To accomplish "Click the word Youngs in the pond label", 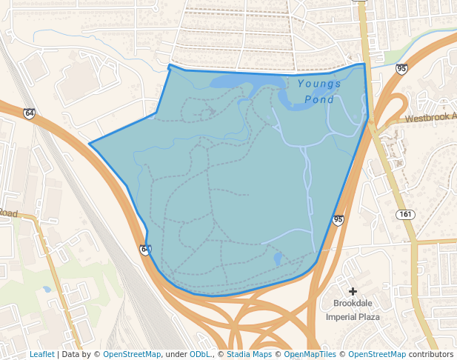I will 319,84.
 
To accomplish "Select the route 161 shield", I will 405,215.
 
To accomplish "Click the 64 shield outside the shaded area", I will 29,113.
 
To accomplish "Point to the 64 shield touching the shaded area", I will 146,250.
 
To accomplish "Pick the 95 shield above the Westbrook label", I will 401,69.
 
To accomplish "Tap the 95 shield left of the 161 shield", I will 338,220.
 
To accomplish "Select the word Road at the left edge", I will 8,213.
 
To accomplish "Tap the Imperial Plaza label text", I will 353,317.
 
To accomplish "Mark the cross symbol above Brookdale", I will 353,291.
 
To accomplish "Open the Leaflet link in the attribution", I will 41,355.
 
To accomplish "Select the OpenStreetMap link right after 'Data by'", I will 132,355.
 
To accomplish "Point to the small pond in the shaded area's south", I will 278,259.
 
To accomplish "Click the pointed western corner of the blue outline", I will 90,144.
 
